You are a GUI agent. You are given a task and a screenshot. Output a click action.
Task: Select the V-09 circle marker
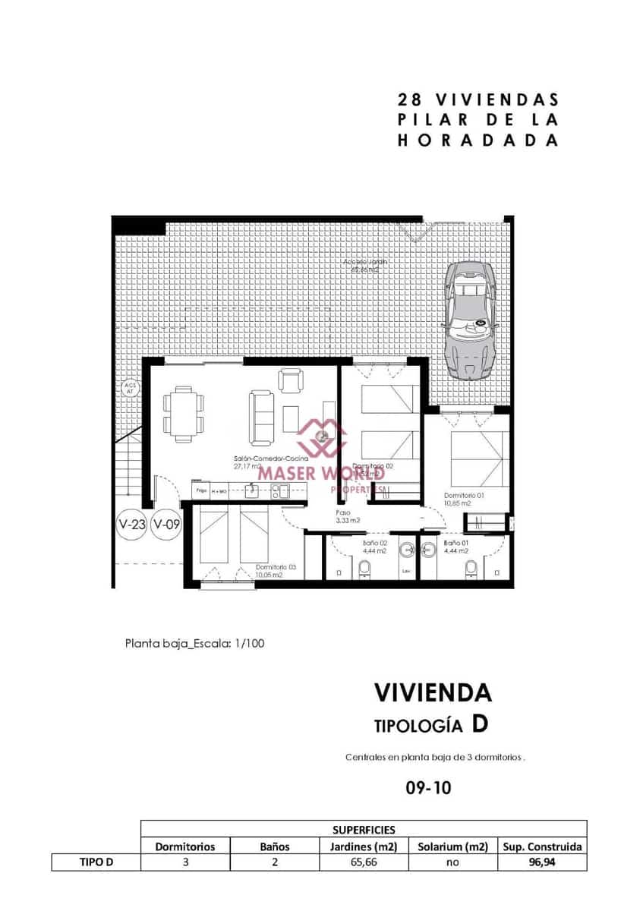(166, 523)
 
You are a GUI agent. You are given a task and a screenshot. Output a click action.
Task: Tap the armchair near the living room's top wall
(290, 380)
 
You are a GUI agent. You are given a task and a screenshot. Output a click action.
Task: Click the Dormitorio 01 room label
(458, 499)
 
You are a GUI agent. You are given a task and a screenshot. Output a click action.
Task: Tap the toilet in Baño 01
(471, 568)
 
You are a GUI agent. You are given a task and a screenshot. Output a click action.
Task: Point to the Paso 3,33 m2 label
(348, 516)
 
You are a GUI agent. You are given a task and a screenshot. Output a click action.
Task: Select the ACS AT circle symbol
(129, 388)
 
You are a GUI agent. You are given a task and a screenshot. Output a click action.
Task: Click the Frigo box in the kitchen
(200, 491)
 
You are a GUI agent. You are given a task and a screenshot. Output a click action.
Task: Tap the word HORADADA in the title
(478, 140)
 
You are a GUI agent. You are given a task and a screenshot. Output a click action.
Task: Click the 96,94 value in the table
(542, 862)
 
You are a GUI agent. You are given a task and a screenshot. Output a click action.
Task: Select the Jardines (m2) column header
(362, 846)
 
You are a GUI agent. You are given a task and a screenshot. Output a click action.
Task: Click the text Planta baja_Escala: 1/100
(194, 643)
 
